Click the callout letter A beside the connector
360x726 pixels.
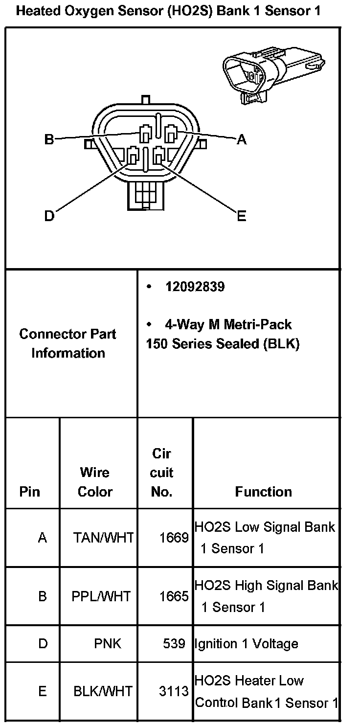241,140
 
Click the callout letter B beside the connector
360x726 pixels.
49,139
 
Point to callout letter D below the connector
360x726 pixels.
49,216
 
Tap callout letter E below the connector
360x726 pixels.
241,216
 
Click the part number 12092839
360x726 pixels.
195,287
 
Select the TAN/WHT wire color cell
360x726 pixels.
103,538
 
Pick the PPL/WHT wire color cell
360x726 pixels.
101,596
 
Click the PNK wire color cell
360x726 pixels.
108,644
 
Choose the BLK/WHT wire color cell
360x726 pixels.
103,691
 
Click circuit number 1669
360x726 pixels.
174,538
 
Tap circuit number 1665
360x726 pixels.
174,596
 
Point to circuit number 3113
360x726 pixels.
174,691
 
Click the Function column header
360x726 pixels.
263,492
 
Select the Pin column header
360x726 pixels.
30,492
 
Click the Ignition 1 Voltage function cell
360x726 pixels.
247,644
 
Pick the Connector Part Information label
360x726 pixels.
68,343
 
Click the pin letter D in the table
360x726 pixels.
43,644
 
